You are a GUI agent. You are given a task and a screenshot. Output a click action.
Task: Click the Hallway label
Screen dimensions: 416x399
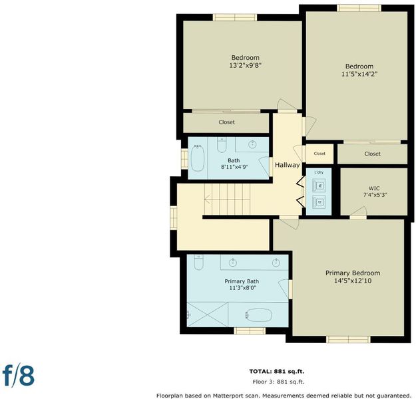point(287,165)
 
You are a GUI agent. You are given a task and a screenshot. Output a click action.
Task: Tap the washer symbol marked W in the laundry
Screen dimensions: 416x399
point(319,186)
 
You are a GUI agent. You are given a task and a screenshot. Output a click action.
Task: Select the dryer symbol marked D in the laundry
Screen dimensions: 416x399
point(319,202)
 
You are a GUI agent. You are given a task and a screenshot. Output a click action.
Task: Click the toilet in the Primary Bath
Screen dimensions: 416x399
point(198,262)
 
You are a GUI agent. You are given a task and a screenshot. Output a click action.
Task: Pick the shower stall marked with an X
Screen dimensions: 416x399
point(207,315)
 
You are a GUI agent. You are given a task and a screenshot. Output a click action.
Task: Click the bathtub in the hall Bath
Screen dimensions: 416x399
point(198,158)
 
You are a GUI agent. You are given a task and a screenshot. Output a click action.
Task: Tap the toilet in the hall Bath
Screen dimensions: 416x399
point(222,145)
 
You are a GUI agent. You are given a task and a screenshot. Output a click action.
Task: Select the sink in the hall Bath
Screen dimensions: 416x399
point(252,144)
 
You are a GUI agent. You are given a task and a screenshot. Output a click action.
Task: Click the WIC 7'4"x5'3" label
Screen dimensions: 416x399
point(374,192)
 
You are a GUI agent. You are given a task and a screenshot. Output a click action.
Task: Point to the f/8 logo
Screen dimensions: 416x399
point(19,376)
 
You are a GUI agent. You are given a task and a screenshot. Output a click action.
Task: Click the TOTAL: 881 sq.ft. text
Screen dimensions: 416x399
point(277,372)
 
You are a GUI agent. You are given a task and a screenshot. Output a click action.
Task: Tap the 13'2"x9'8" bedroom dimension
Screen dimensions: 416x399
point(246,65)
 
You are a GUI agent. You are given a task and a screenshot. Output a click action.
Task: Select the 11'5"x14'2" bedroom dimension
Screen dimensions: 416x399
point(359,74)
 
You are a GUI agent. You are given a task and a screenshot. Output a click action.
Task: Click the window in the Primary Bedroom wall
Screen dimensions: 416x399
point(348,339)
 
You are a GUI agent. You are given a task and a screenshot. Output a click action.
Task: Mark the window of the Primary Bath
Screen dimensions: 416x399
point(250,331)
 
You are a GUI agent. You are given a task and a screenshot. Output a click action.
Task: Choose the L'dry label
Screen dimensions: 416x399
point(319,172)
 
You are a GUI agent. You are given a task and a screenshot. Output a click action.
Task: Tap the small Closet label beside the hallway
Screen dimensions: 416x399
point(319,154)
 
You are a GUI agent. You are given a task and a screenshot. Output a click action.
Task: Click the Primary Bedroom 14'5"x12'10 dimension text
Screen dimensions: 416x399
point(353,281)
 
